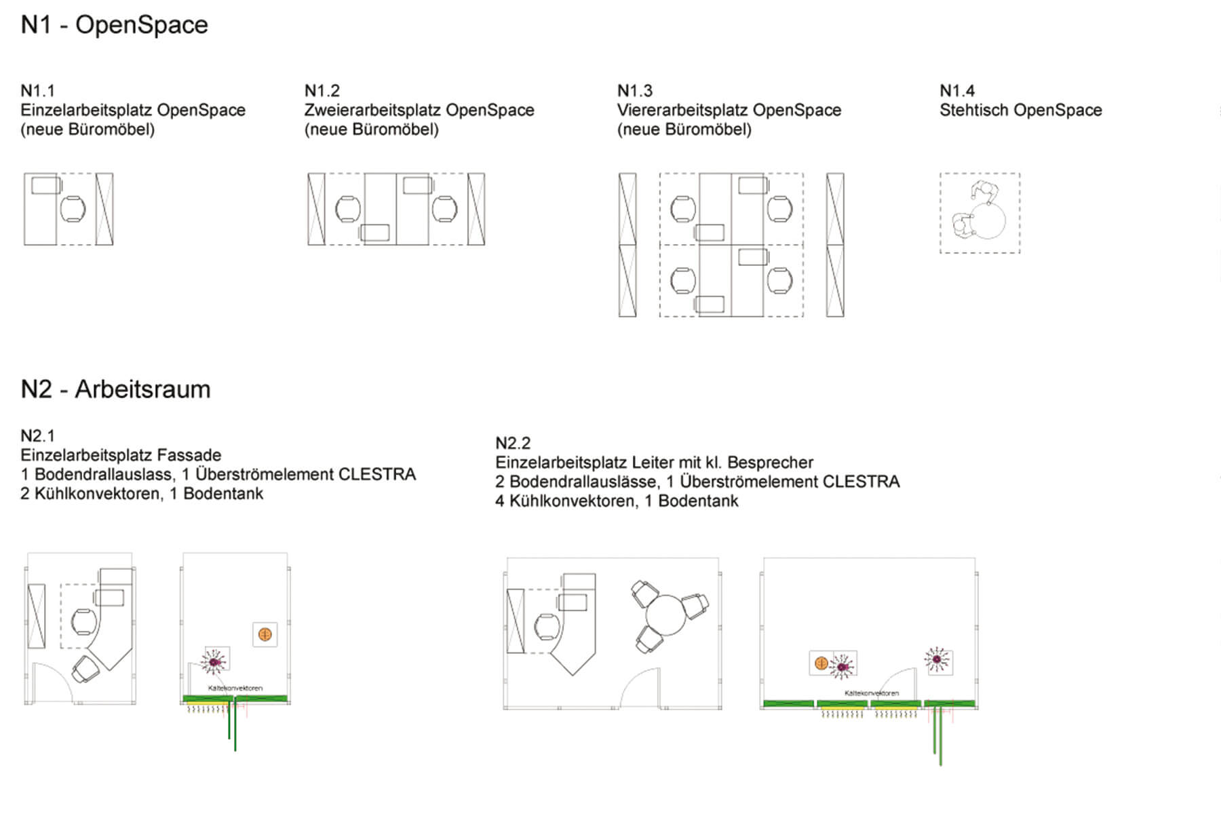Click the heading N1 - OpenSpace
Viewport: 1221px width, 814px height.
point(114,25)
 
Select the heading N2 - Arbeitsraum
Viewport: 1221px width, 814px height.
point(115,389)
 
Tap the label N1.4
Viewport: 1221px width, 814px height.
point(956,91)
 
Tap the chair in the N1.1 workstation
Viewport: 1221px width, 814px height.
point(73,209)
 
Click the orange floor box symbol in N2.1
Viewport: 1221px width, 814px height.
point(265,635)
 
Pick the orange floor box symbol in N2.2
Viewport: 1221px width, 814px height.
point(821,663)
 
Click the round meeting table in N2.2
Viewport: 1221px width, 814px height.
point(667,615)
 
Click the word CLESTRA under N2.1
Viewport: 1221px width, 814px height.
point(376,474)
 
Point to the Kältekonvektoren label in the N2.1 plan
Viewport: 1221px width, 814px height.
point(235,688)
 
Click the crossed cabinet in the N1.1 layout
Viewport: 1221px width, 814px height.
point(104,209)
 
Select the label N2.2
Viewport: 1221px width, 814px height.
point(513,444)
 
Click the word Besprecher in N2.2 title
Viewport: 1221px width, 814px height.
point(771,463)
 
